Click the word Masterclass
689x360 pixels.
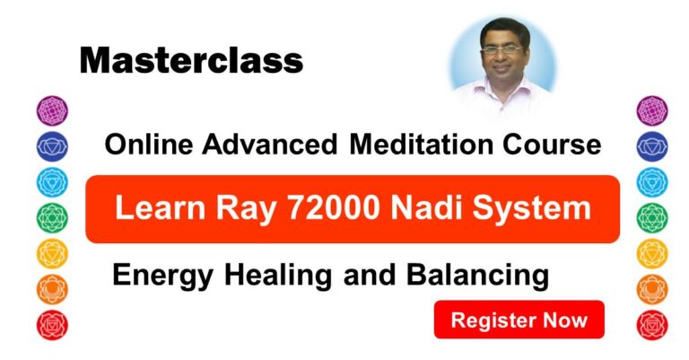pyautogui.click(x=191, y=60)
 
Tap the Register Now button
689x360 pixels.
pyautogui.click(x=519, y=320)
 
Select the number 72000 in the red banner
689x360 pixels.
pyautogui.click(x=314, y=209)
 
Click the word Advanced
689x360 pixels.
pyautogui.click(x=268, y=144)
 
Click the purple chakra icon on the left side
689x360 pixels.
pyautogui.click(x=51, y=110)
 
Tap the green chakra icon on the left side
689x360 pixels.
pyautogui.click(x=51, y=217)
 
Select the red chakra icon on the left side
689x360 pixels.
pyautogui.click(x=51, y=323)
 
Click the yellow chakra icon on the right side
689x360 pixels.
pyautogui.click(x=651, y=253)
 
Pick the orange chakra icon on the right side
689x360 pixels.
pyautogui.click(x=651, y=288)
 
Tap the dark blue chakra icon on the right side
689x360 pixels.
pyautogui.click(x=651, y=145)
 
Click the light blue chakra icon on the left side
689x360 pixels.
pyautogui.click(x=51, y=181)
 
